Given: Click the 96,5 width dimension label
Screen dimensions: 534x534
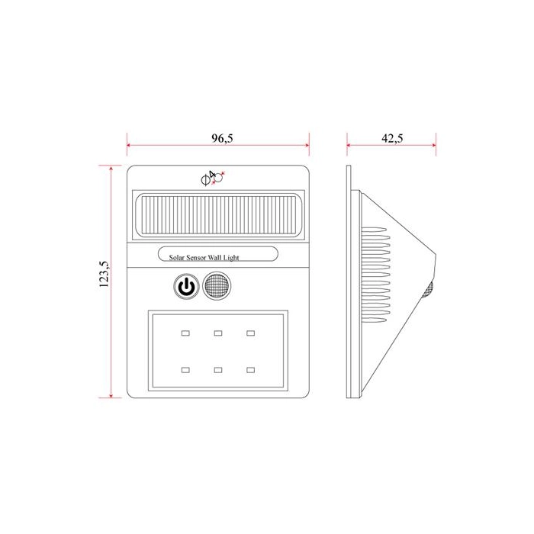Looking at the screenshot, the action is click(222, 138).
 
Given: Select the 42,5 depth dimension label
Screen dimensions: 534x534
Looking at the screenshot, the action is click(392, 138).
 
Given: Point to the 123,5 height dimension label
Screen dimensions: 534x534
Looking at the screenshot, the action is click(105, 274).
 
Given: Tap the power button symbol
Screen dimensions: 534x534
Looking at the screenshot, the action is click(186, 286).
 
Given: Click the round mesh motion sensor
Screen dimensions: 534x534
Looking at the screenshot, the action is click(217, 286).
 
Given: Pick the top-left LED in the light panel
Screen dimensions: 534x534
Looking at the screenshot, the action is click(185, 333).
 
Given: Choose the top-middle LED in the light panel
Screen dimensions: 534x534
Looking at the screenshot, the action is click(218, 333).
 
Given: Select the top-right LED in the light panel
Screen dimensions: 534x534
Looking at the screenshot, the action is click(251, 333).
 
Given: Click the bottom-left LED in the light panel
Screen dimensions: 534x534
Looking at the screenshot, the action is click(185, 370).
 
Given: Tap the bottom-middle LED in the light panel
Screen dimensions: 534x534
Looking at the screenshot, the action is click(218, 370).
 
